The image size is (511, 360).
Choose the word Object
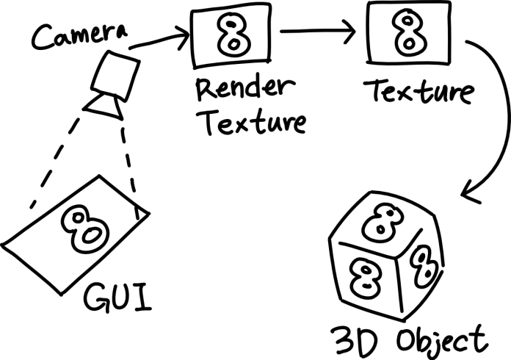coord(440,340)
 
